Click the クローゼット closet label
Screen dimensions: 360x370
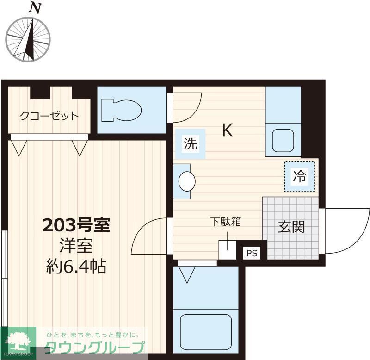pos(49,116)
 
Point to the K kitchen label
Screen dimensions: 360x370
pos(227,130)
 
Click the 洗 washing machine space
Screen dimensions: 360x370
pos(191,144)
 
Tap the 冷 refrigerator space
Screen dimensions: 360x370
pos(299,176)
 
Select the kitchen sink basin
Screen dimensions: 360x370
pos(283,141)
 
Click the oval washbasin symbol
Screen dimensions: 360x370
pos(186,181)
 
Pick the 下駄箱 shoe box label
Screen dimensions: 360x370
pos(226,222)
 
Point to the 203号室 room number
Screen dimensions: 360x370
pos(76,225)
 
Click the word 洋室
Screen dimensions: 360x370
pos(76,245)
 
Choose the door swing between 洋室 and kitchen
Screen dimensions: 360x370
pos(149,236)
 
